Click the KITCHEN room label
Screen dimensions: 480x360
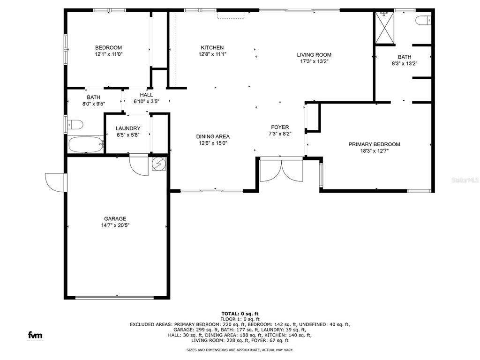pyautogui.click(x=212, y=47)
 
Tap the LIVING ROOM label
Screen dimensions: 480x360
pyautogui.click(x=314, y=55)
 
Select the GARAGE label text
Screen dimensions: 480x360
pyautogui.click(x=115, y=218)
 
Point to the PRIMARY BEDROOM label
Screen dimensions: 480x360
pyautogui.click(x=374, y=144)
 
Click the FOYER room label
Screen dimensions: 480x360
pyautogui.click(x=280, y=127)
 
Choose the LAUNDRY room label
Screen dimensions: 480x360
pyautogui.click(x=128, y=128)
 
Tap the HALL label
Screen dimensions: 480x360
pyautogui.click(x=146, y=95)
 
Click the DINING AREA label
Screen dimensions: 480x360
pyautogui.click(x=213, y=136)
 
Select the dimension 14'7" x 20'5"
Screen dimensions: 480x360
pyautogui.click(x=115, y=225)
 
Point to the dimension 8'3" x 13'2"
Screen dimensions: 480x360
pyautogui.click(x=405, y=64)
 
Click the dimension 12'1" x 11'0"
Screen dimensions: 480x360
pyautogui.click(x=109, y=54)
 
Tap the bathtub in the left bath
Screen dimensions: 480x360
pyautogui.click(x=86, y=145)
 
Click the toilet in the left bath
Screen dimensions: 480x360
pyautogui.click(x=75, y=125)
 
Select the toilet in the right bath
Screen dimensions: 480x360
pyautogui.click(x=423, y=20)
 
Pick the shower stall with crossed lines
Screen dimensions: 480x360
pyautogui.click(x=385, y=28)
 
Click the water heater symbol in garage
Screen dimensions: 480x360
pyautogui.click(x=159, y=164)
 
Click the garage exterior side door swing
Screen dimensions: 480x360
pyautogui.click(x=55, y=182)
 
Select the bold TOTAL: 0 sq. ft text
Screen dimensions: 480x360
pyautogui.click(x=240, y=314)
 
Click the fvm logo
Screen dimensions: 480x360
pyautogui.click(x=35, y=335)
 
